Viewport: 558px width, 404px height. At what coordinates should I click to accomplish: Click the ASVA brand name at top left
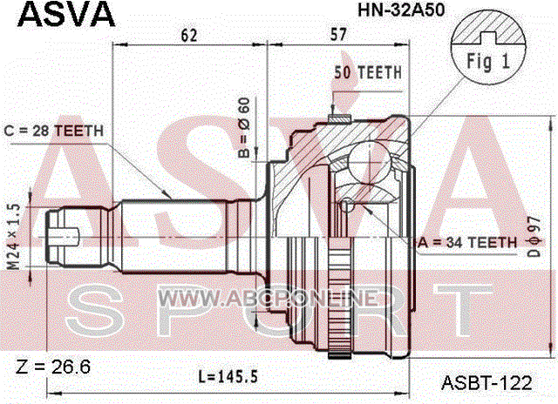tap(66, 15)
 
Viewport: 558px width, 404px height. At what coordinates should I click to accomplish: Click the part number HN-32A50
tap(401, 10)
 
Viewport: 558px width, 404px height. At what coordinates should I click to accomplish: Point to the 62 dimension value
tap(189, 35)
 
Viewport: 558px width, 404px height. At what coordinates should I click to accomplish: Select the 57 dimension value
tap(337, 35)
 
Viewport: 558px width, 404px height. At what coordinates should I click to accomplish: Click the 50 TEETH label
tap(368, 72)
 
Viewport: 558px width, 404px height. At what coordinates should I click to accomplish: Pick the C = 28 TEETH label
tap(53, 131)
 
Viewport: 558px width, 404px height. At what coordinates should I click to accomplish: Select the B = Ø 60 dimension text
tap(244, 128)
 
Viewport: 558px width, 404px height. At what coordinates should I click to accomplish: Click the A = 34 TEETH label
tap(467, 243)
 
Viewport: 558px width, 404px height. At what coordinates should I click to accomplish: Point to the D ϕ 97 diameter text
tap(534, 236)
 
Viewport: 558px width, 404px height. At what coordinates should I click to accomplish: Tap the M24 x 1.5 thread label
tap(14, 237)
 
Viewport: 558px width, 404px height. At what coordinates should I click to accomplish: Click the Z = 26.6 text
tap(53, 367)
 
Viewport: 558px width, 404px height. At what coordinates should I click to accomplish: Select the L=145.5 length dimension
tap(228, 376)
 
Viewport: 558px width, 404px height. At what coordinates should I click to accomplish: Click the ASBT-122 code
tap(487, 383)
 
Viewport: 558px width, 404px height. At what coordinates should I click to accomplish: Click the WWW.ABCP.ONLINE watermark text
tap(267, 298)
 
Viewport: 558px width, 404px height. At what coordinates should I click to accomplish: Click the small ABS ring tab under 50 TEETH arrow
tap(339, 118)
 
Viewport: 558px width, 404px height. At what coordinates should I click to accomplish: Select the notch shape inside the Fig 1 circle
tap(488, 38)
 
